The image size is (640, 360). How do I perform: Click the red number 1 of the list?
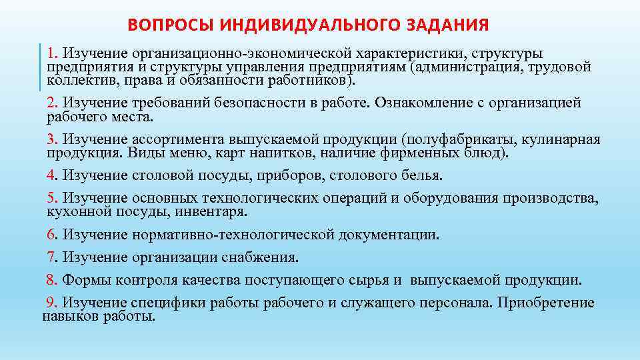(x=51, y=52)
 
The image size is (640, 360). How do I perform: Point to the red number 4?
(x=51, y=175)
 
